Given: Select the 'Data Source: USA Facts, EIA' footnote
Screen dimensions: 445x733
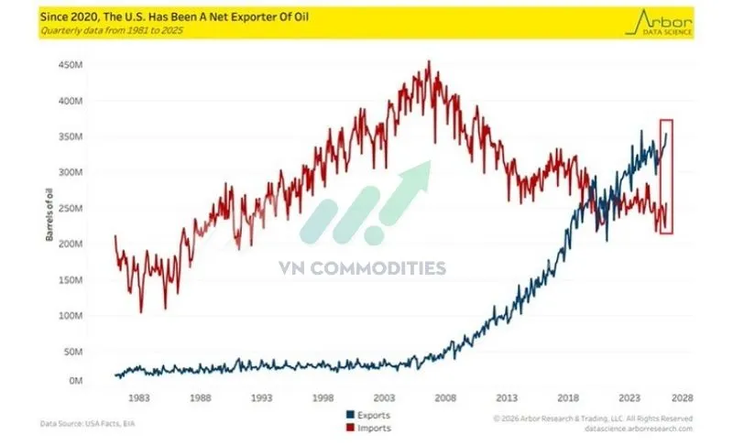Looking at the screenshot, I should tap(88, 423).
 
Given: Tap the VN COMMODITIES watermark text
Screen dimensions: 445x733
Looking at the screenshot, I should tap(363, 268).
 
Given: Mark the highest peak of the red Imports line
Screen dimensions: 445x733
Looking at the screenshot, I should tap(430, 61).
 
